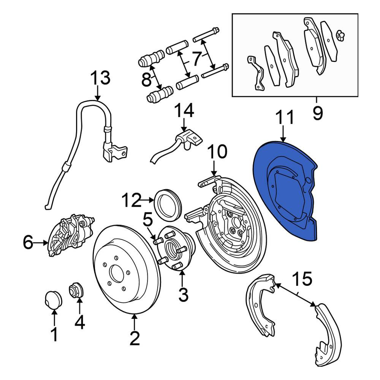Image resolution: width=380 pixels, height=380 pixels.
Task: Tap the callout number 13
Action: [100, 78]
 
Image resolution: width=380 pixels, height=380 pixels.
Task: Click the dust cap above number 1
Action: [53, 299]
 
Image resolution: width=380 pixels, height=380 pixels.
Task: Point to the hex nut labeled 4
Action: [76, 290]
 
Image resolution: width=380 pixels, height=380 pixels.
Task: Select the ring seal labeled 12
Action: [168, 203]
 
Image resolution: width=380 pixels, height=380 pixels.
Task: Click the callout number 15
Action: [302, 279]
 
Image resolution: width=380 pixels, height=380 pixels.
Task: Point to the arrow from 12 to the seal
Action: [147, 200]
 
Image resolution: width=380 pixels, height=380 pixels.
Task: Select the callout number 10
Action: [217, 152]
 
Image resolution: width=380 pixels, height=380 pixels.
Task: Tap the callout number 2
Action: [135, 338]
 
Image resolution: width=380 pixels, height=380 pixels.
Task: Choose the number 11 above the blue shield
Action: [284, 117]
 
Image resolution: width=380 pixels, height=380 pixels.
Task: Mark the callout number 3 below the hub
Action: [183, 294]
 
